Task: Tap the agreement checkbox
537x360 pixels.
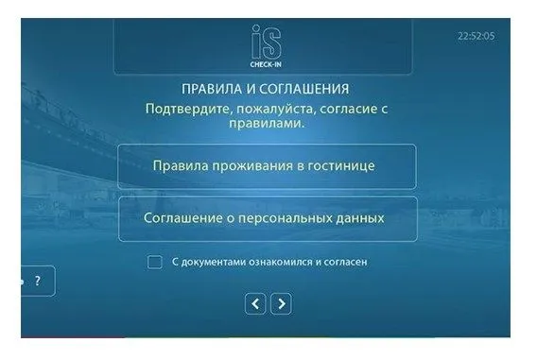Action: click(154, 262)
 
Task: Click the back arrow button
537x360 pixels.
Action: click(255, 303)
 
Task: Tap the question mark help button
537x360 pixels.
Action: click(38, 281)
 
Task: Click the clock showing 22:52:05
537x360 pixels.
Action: click(476, 36)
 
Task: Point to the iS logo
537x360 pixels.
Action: click(266, 42)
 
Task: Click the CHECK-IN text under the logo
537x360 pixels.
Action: click(266, 64)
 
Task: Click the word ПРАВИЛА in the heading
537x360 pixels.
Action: click(212, 89)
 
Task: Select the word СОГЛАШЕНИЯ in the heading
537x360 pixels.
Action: click(303, 89)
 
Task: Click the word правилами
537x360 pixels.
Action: click(267, 123)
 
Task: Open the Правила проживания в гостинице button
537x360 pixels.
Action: click(268, 166)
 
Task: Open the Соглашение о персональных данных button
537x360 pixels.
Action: click(268, 219)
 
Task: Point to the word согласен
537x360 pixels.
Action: click(346, 262)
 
